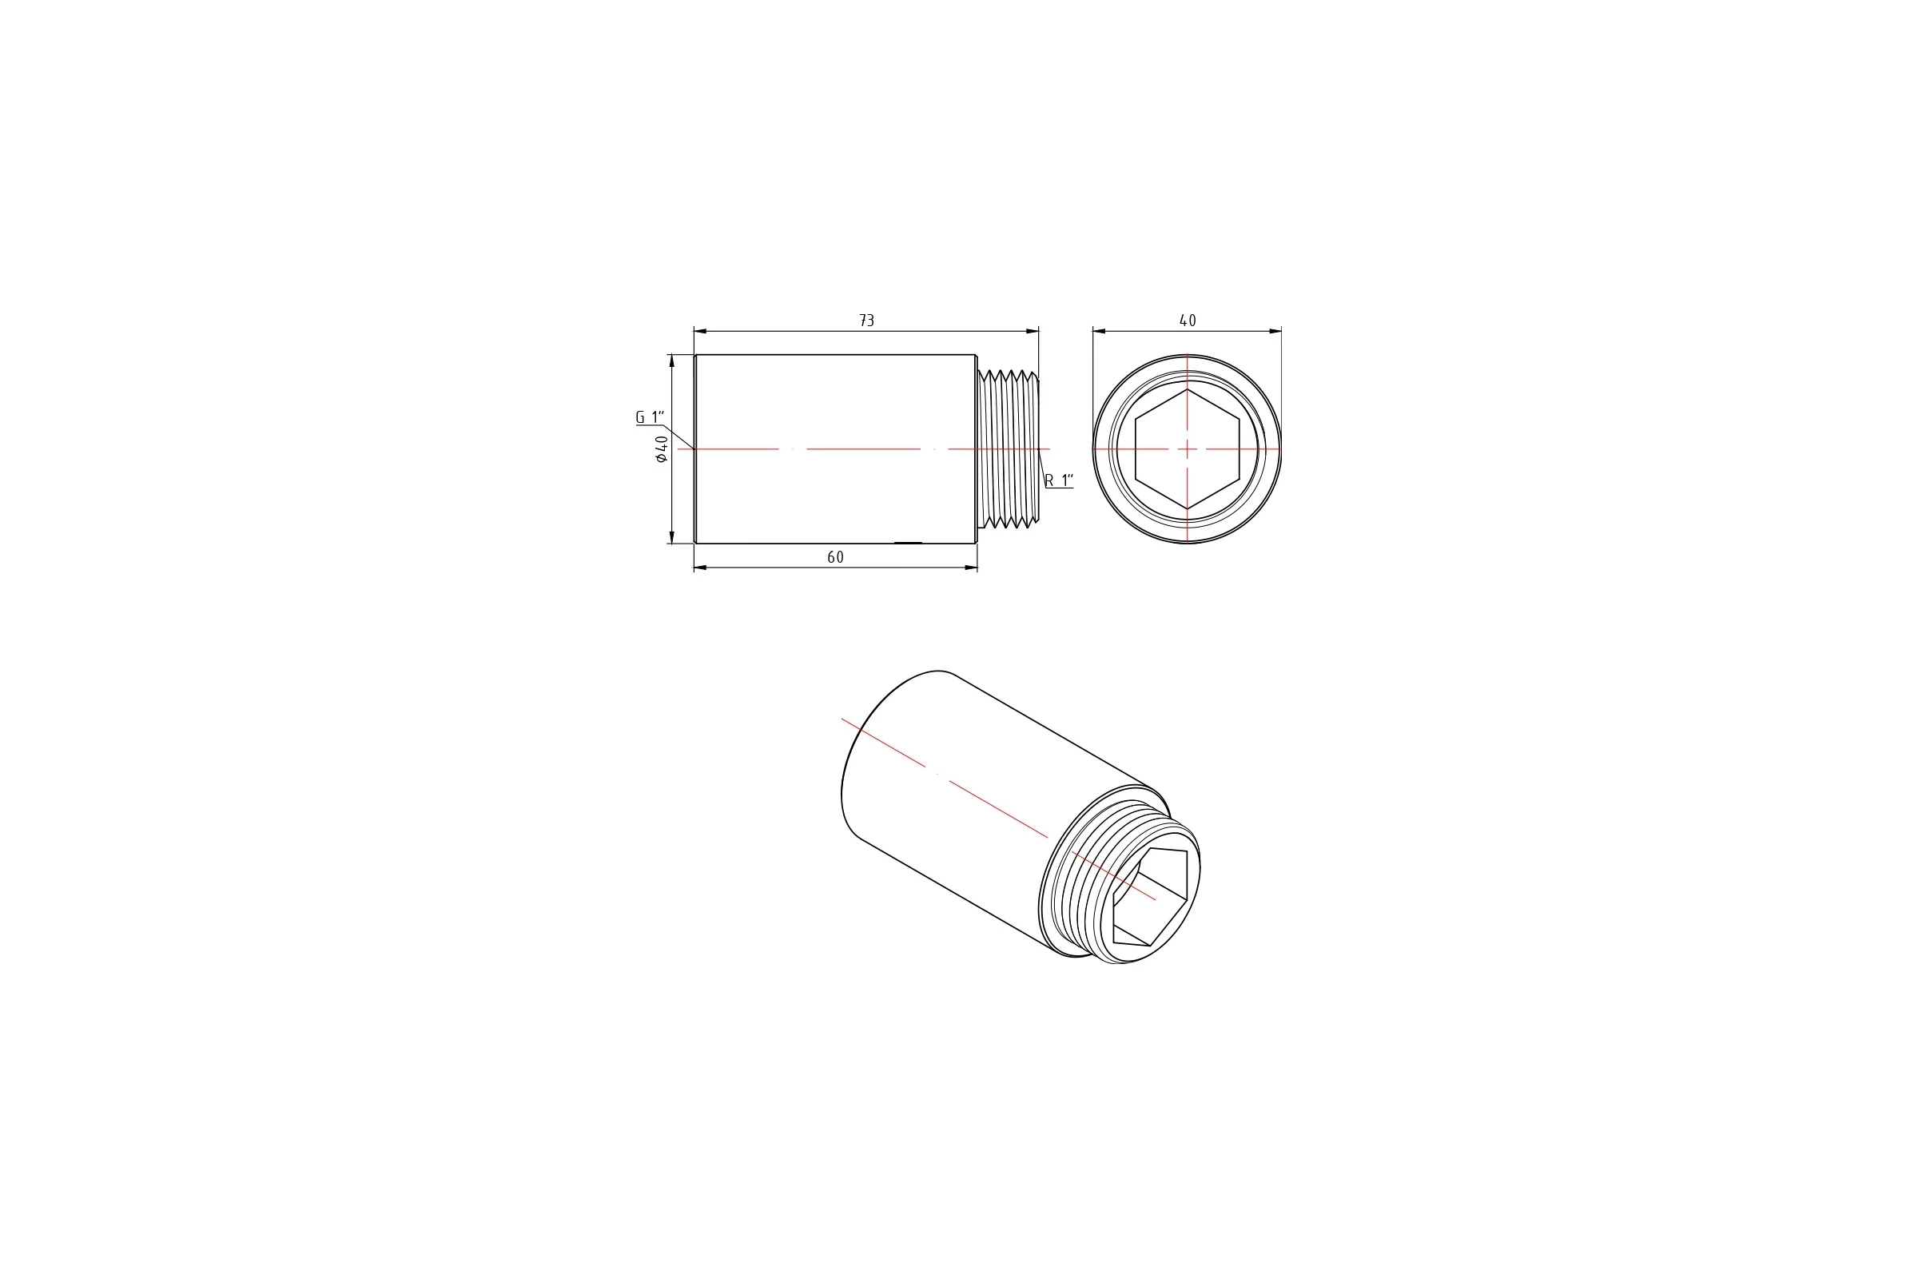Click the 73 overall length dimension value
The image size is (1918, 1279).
(867, 321)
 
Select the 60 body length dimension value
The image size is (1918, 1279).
(835, 557)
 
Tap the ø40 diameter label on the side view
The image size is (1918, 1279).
(662, 449)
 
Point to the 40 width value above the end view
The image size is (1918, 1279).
(1188, 321)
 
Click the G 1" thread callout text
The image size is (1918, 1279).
(650, 417)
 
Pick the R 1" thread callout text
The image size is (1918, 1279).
(1058, 480)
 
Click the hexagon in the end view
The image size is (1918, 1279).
(1188, 449)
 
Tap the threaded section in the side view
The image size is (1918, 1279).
(1008, 449)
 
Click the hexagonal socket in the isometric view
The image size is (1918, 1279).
(1150, 897)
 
